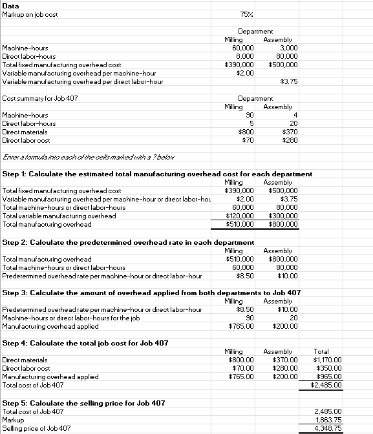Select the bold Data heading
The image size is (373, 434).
tap(11, 5)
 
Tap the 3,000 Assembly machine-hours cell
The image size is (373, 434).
tap(286, 48)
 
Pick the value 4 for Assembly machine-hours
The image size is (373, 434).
tap(294, 115)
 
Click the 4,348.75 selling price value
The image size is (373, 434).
tap(328, 428)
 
